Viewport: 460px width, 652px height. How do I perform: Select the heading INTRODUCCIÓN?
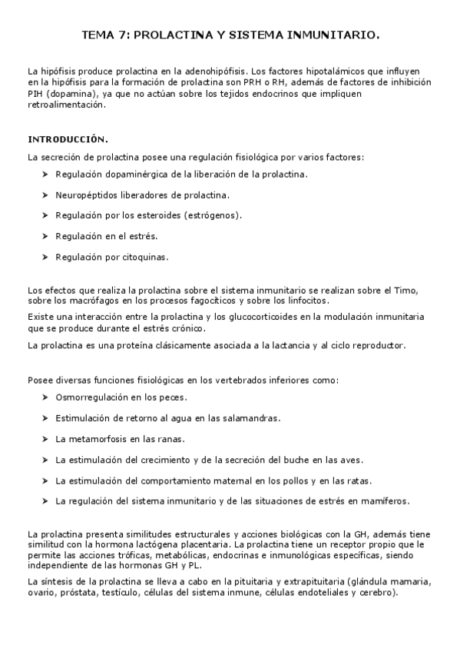68,140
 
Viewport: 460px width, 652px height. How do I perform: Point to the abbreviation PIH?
35,94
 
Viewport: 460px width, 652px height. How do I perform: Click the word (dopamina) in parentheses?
70,94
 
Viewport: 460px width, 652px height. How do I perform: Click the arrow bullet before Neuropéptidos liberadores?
46,195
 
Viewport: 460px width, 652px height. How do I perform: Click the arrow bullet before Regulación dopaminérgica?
46,175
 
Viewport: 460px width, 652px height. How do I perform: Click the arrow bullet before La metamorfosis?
46,440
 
